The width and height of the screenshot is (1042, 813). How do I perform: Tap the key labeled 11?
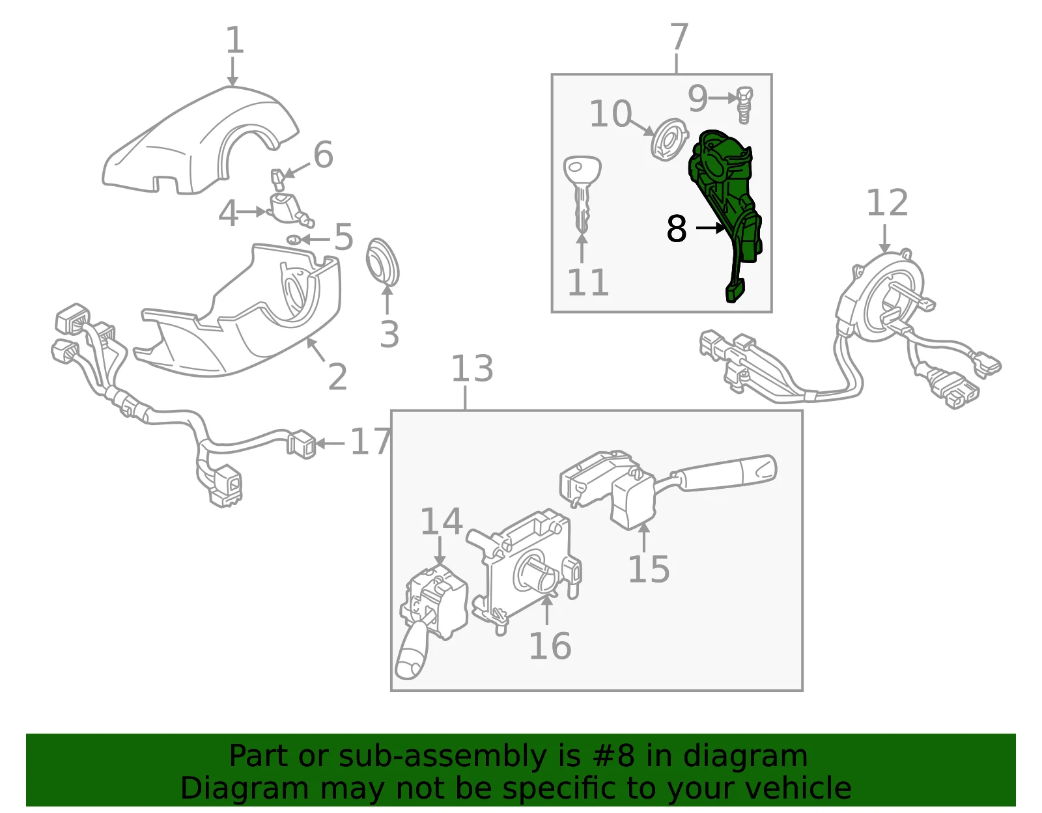[x=582, y=194]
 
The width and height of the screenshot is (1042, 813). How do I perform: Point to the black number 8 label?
[x=677, y=228]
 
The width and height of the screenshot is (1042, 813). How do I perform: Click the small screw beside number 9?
[x=744, y=105]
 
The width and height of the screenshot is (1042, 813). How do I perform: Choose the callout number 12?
[x=887, y=202]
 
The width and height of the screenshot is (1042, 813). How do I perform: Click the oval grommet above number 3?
[x=382, y=262]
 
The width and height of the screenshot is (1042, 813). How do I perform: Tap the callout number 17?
[x=371, y=441]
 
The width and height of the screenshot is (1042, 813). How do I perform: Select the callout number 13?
[x=472, y=368]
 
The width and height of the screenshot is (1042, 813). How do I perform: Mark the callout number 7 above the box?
[x=679, y=36]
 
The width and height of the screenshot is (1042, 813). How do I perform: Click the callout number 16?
[x=550, y=646]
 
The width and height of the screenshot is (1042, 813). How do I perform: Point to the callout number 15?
[x=649, y=569]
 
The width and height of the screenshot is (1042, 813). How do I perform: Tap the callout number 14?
[x=441, y=521]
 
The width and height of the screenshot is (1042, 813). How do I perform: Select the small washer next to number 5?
[x=294, y=239]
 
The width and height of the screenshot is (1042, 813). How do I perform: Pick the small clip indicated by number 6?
[x=278, y=180]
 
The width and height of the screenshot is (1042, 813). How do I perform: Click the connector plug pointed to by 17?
[x=301, y=445]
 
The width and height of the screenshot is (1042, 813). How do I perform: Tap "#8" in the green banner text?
[x=613, y=756]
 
